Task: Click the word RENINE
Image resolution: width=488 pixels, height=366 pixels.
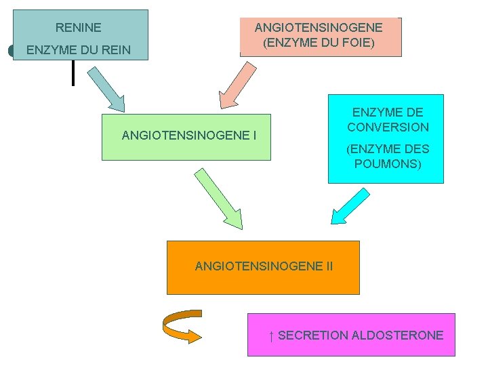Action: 78,28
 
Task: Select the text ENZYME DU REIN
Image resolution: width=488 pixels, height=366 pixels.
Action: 78,50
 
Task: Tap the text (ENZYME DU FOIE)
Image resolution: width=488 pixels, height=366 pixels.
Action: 319,43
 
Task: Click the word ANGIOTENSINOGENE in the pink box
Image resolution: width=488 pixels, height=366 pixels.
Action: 319,28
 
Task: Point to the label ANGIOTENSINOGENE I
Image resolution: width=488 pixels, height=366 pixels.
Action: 188,136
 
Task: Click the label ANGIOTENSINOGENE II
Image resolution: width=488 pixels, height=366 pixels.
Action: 264,266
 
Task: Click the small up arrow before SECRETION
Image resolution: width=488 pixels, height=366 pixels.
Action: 271,335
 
